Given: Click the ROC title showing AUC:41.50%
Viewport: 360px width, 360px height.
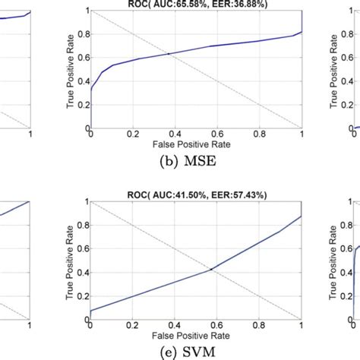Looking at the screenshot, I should coord(195,195).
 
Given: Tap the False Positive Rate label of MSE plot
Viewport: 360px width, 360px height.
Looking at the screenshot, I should coord(195,141).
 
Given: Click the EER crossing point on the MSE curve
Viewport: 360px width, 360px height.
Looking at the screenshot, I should coord(168,54).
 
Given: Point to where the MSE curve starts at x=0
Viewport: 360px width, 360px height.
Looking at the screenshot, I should coord(90,89).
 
